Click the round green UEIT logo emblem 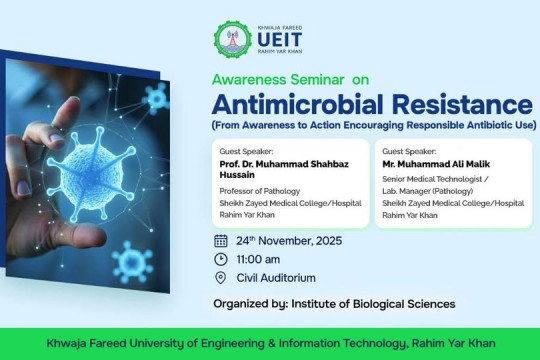pyautogui.click(x=229, y=38)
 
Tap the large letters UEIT pyautogui.click(x=273, y=39)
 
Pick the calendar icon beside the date pyautogui.click(x=221, y=240)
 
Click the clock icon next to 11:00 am pyautogui.click(x=221, y=259)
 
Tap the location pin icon pyautogui.click(x=221, y=278)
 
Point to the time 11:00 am pyautogui.click(x=260, y=259)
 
